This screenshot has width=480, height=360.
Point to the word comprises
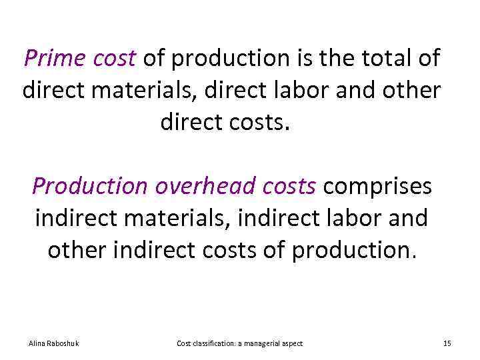click(377, 187)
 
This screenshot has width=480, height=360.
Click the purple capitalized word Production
click(89, 187)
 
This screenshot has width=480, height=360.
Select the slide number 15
click(447, 343)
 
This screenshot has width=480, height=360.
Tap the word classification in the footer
click(213, 343)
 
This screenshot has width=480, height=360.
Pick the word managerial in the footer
click(263, 343)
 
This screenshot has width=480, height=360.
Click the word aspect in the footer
click(293, 343)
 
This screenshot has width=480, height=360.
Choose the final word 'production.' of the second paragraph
click(354, 251)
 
